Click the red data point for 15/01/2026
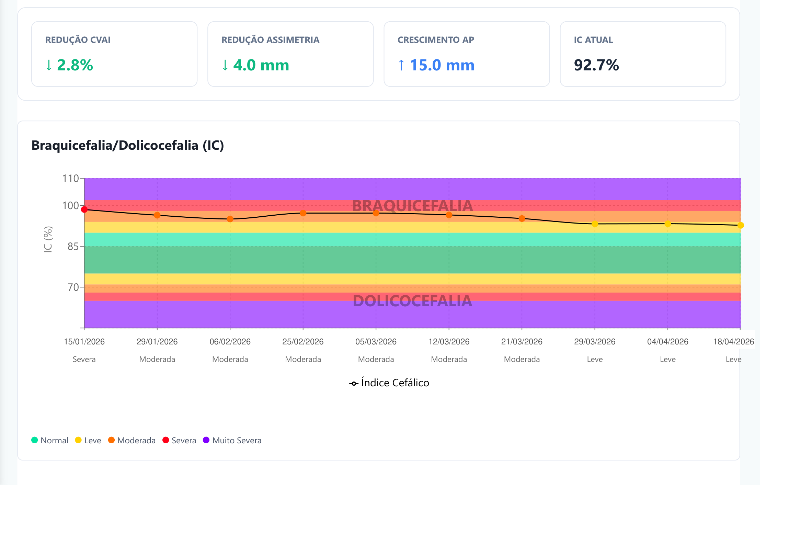point(84,209)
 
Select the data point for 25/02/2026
point(303,213)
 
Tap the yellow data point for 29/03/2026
point(595,224)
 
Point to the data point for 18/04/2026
point(741,225)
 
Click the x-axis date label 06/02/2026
point(230,342)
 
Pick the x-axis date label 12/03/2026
point(449,342)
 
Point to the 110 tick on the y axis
point(70,179)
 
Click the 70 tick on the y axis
point(73,287)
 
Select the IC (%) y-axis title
point(48,239)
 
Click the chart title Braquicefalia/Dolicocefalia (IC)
point(128,145)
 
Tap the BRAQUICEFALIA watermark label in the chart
point(412,206)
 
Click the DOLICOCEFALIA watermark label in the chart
point(412,301)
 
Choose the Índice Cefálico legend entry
point(389,383)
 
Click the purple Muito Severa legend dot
point(206,440)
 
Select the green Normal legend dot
point(34,440)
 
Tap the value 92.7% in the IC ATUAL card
point(596,65)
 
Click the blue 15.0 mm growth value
point(442,65)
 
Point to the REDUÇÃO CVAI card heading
point(78,40)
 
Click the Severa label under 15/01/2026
point(84,360)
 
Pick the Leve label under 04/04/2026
point(668,360)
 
